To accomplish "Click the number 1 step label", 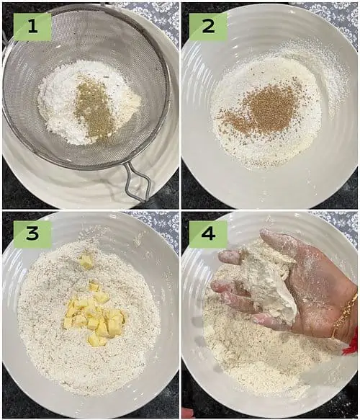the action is click(32, 27).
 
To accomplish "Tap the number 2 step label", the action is click(208, 27).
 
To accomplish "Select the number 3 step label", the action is click(32, 234).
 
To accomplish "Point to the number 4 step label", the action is click(208, 234).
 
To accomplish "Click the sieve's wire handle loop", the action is click(138, 183).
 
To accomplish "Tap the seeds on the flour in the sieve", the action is click(94, 107).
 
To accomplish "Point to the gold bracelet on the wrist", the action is click(346, 316).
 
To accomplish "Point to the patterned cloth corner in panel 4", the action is click(340, 225).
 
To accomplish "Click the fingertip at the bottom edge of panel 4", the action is click(188, 414).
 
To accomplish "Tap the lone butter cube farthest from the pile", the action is click(86, 261).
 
